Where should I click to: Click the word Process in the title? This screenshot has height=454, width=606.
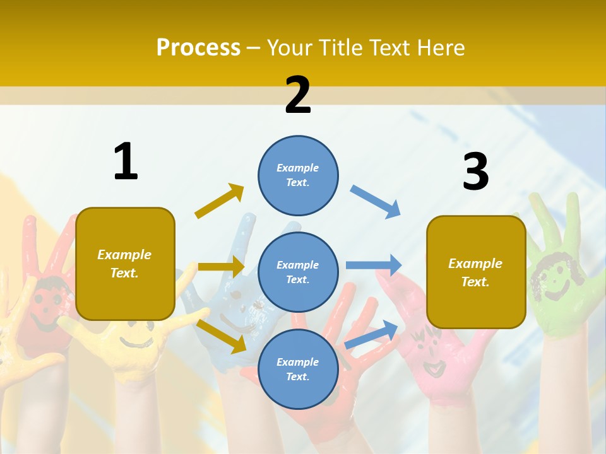(198, 48)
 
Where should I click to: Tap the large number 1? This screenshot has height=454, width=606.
(126, 162)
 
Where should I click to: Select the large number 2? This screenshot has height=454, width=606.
(298, 95)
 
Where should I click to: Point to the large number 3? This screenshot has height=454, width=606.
(475, 172)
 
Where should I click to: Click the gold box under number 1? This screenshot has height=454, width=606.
(125, 264)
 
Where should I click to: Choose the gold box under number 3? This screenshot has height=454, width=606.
(476, 272)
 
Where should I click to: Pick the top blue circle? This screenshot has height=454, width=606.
(298, 175)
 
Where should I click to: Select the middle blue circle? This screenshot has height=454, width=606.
(298, 272)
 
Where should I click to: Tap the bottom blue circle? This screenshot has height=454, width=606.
(298, 369)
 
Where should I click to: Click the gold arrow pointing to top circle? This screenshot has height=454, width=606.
(220, 201)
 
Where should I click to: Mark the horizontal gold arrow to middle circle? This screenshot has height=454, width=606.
(221, 267)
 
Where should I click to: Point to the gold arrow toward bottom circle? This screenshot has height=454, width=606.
(222, 336)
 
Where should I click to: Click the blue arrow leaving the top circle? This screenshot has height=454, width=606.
(375, 202)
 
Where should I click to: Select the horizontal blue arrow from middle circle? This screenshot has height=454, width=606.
(374, 265)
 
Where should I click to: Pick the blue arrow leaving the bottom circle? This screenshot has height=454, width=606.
(372, 335)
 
